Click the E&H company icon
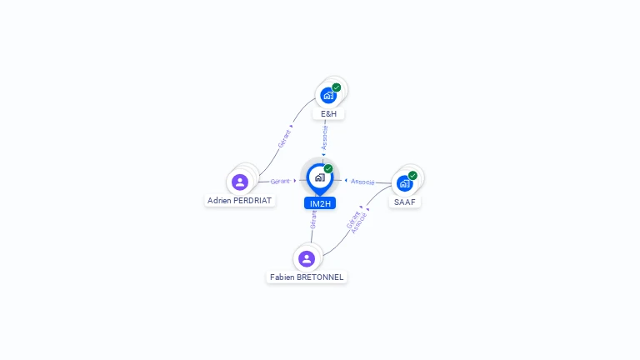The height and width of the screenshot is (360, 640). click(x=328, y=95)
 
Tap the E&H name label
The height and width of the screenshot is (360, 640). click(x=328, y=113)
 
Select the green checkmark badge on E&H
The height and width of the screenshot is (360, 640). click(x=337, y=87)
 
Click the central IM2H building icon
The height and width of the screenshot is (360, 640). click(x=319, y=177)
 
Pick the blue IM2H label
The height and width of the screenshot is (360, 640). click(x=320, y=203)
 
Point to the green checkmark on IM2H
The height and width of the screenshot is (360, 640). click(x=328, y=169)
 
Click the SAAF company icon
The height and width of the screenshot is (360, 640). click(x=405, y=182)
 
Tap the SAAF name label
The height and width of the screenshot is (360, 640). click(x=405, y=202)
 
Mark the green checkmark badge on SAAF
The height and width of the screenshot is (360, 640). click(x=412, y=176)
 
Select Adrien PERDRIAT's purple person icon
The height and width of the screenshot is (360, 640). click(x=240, y=182)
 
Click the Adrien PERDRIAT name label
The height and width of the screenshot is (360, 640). click(x=240, y=201)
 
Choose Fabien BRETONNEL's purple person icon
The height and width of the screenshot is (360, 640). click(x=307, y=258)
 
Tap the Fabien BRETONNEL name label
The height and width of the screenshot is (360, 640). click(x=307, y=277)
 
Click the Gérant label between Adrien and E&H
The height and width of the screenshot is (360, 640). click(x=285, y=138)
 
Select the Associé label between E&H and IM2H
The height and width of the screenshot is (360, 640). click(x=325, y=137)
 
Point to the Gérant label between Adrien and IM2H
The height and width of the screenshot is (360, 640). click(x=281, y=181)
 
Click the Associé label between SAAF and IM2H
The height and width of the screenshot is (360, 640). click(x=362, y=181)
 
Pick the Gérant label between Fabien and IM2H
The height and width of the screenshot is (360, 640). click(x=313, y=218)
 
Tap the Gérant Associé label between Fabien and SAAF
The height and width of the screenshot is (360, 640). click(x=356, y=221)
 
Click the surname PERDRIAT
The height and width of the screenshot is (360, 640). click(x=252, y=201)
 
